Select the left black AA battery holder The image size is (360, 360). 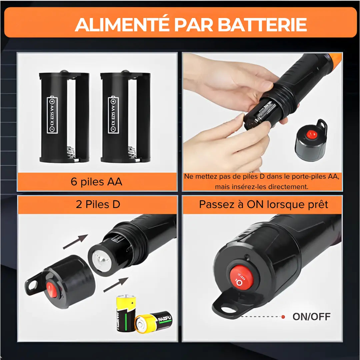coord(64,117)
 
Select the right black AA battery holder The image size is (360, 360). coord(125,117)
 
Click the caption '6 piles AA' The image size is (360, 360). coord(97,182)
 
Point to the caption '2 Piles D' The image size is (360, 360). coord(98,204)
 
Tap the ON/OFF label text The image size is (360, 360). coord(311,316)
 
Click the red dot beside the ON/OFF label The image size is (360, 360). coord(283,316)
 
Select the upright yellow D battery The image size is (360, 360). coord(126,313)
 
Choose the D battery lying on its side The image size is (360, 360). coord(153,322)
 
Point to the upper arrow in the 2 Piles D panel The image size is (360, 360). coord(75,241)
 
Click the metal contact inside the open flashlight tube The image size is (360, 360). coord(100,259)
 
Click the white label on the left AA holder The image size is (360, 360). coord(53,115)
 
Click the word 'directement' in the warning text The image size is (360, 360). coord(289,187)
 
